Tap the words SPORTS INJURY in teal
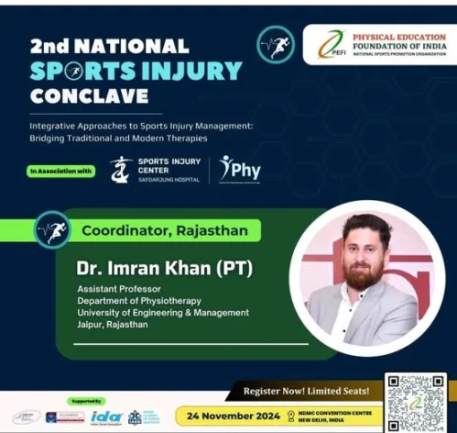[135, 70]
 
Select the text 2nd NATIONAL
[109, 45]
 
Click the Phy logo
[240, 170]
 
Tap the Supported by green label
[85, 401]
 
